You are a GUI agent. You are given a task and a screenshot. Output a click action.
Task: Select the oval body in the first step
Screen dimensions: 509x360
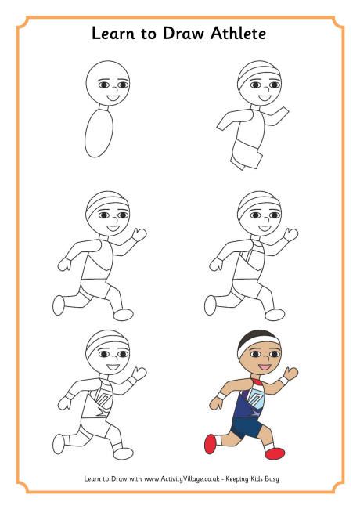[x=100, y=134]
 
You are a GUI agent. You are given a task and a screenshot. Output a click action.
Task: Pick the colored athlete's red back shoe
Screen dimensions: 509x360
[x=211, y=444]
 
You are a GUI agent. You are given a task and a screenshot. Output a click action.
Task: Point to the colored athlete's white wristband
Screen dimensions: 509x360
[x=221, y=397]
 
